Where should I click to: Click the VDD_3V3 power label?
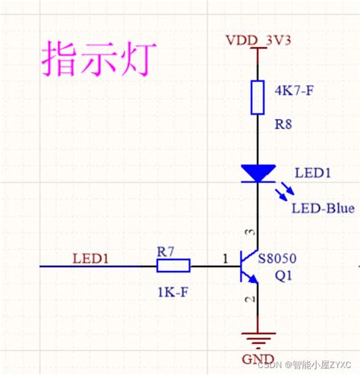(x=258, y=39)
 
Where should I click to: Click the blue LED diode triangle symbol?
(x=258, y=174)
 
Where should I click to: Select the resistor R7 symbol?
(x=173, y=266)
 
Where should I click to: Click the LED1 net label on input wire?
(x=90, y=258)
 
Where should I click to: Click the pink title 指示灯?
(x=98, y=57)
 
